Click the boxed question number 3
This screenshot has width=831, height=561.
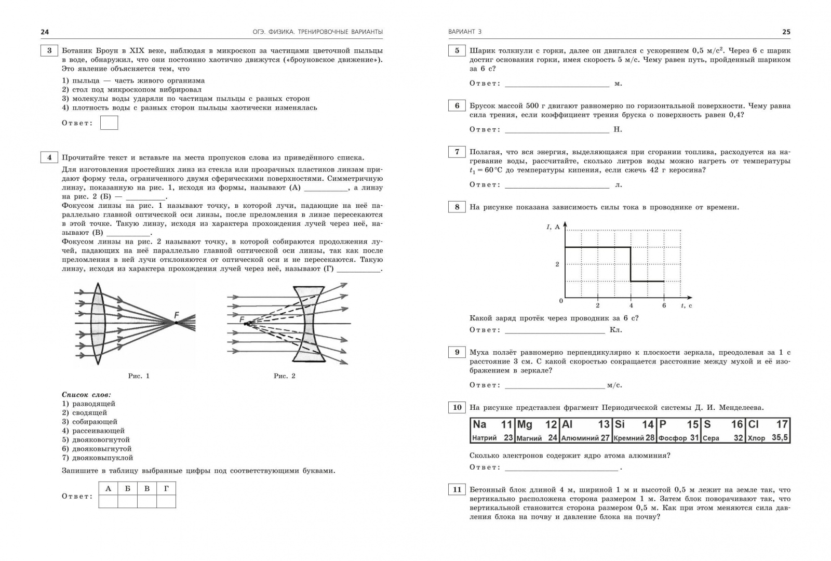tap(49, 51)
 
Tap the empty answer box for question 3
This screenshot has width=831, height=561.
tap(109, 123)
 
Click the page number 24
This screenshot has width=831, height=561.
tap(45, 32)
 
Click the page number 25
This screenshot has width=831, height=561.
tap(786, 32)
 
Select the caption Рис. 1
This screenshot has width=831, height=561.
tap(139, 376)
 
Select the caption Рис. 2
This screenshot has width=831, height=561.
tap(284, 376)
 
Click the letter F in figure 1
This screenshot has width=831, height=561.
tap(177, 315)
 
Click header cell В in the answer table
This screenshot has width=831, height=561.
tap(147, 488)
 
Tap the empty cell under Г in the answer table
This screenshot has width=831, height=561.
tap(166, 501)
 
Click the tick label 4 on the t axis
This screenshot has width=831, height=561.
tap(631, 305)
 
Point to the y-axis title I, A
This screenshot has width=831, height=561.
tap(553, 226)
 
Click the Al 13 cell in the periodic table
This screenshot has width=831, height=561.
tap(585, 431)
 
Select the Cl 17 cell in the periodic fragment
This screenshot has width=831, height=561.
tap(768, 431)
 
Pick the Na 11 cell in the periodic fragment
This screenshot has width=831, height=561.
tap(492, 431)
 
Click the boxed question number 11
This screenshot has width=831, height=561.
tap(457, 490)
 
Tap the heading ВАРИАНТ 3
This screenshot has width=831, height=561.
tap(465, 32)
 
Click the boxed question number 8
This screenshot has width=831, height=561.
tap(457, 207)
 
